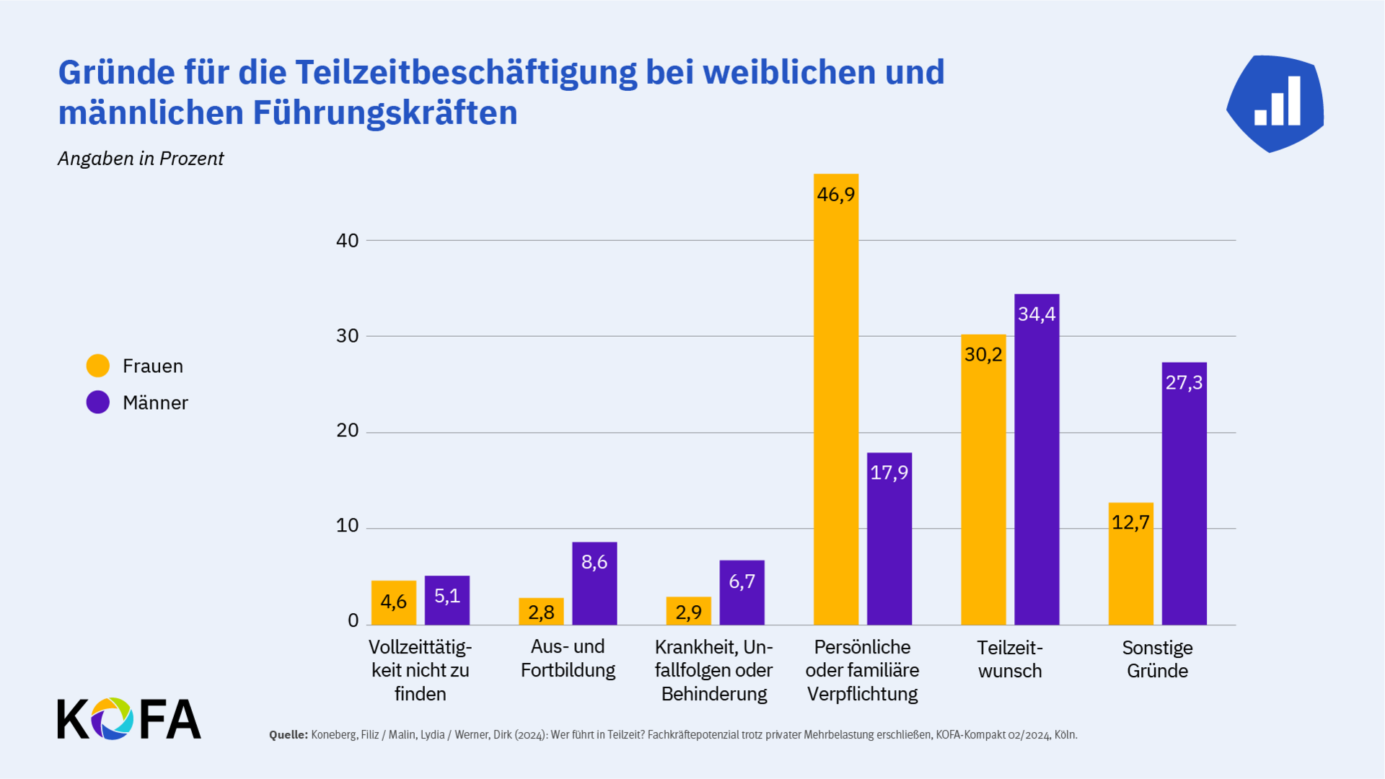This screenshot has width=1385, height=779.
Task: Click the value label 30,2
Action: coord(983,354)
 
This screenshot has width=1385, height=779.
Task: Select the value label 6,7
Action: coord(742,581)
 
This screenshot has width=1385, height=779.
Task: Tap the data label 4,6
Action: coord(394,602)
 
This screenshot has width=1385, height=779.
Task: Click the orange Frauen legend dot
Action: coord(98,366)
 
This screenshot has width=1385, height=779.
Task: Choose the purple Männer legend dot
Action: coord(98,402)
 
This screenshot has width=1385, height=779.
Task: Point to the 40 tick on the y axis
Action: coord(347,241)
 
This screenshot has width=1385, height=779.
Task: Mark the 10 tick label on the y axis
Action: coord(347,526)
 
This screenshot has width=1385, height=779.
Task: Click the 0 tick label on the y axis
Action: coord(353,620)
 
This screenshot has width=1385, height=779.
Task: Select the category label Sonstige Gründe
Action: coord(1157,659)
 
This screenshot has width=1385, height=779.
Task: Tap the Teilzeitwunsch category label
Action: coord(1010,659)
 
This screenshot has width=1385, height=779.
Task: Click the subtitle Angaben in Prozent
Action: coord(141,159)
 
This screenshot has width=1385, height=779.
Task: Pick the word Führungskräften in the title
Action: coord(384,113)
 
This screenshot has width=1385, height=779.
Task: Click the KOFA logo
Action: coord(129,718)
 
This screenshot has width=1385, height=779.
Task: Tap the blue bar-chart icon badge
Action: coord(1275,103)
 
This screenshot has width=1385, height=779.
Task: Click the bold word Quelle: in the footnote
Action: coord(288,735)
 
